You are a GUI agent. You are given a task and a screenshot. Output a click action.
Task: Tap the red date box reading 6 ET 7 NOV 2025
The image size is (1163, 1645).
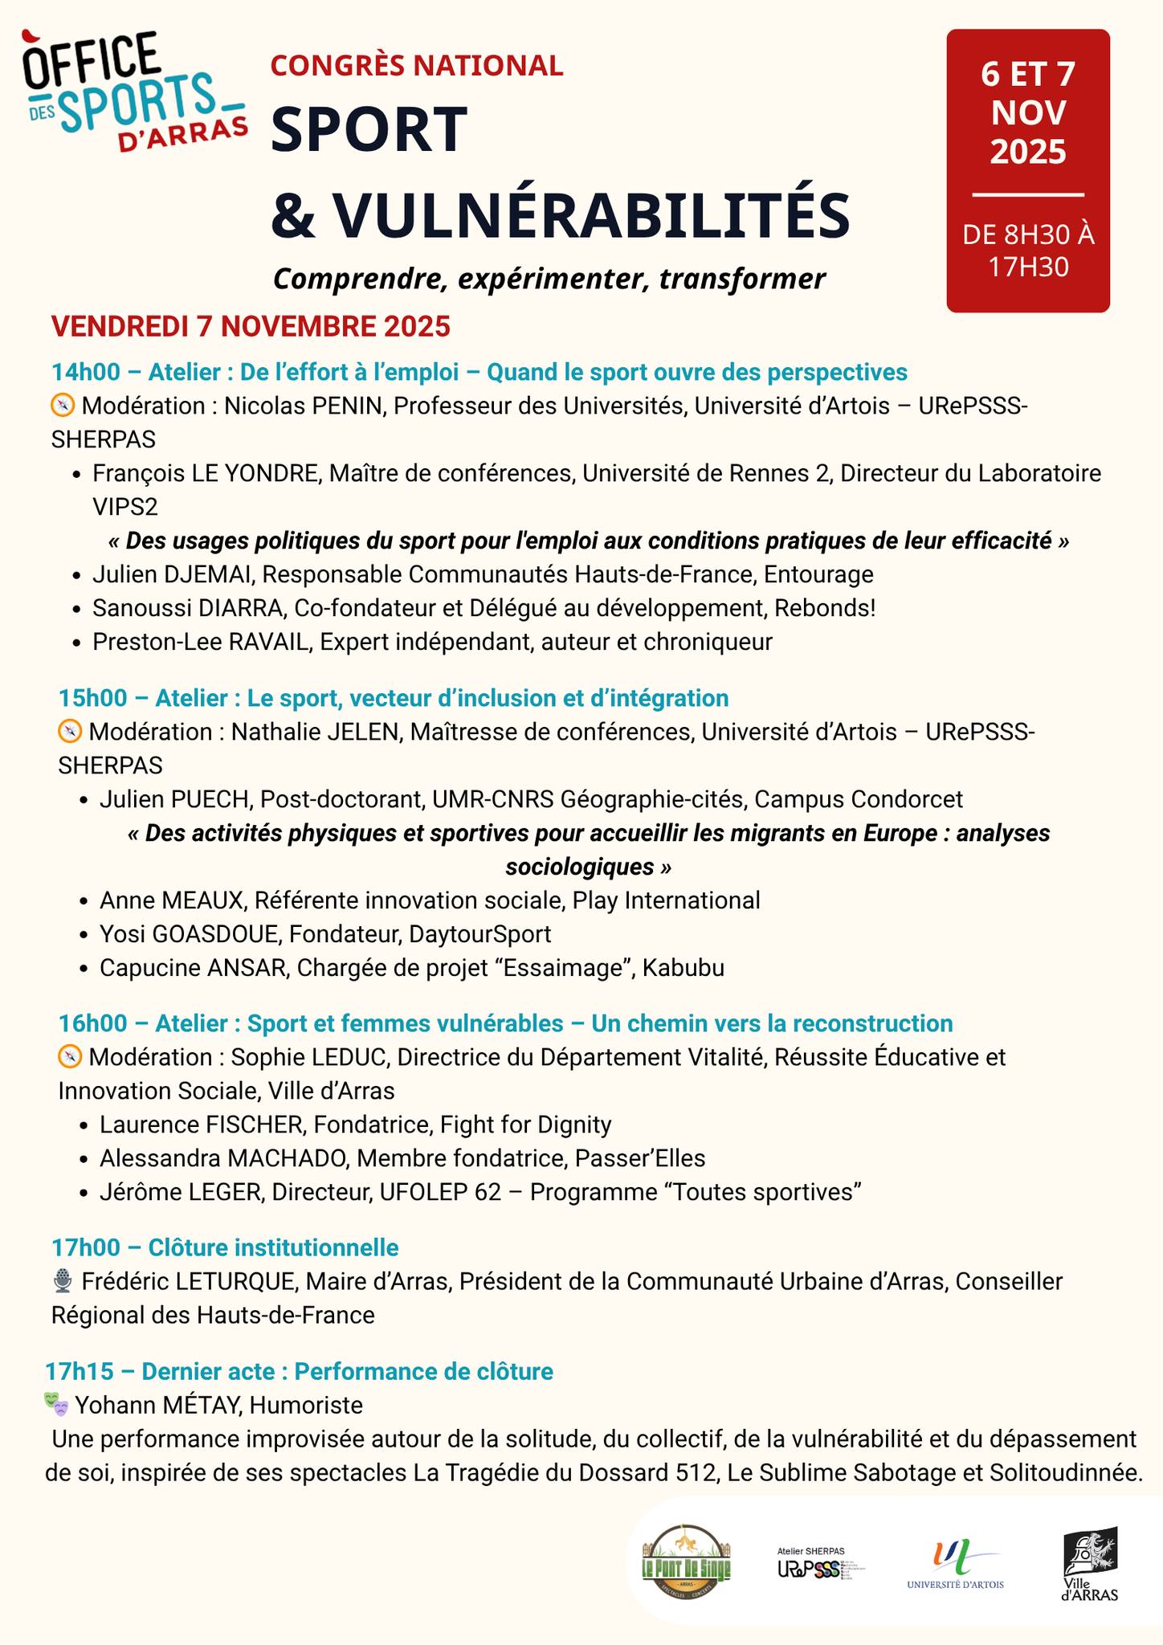tap(1028, 170)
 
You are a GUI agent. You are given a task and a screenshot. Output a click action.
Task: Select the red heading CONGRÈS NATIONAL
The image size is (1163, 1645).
tap(417, 66)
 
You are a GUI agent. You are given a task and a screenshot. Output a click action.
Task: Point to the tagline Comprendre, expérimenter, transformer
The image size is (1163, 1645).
tap(549, 279)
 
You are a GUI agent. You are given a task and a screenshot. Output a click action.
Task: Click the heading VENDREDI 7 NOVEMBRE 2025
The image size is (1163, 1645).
tap(251, 327)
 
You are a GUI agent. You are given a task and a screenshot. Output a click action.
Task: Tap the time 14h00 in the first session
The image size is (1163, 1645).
tap(85, 372)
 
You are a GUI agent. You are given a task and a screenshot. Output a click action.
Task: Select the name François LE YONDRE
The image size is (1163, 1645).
tap(205, 473)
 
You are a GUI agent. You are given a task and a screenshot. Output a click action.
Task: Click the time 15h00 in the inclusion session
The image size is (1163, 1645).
tap(92, 698)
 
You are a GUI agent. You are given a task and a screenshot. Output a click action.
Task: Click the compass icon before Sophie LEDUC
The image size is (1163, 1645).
tap(70, 1057)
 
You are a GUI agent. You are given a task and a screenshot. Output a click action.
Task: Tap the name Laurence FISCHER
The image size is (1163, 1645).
tap(202, 1125)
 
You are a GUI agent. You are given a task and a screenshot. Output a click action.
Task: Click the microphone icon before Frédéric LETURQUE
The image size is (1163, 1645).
tap(62, 1282)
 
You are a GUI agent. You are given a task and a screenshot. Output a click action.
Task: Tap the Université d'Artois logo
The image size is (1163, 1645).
tap(955, 1563)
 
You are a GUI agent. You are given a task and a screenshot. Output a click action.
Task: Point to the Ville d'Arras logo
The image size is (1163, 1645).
tap(1090, 1563)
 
